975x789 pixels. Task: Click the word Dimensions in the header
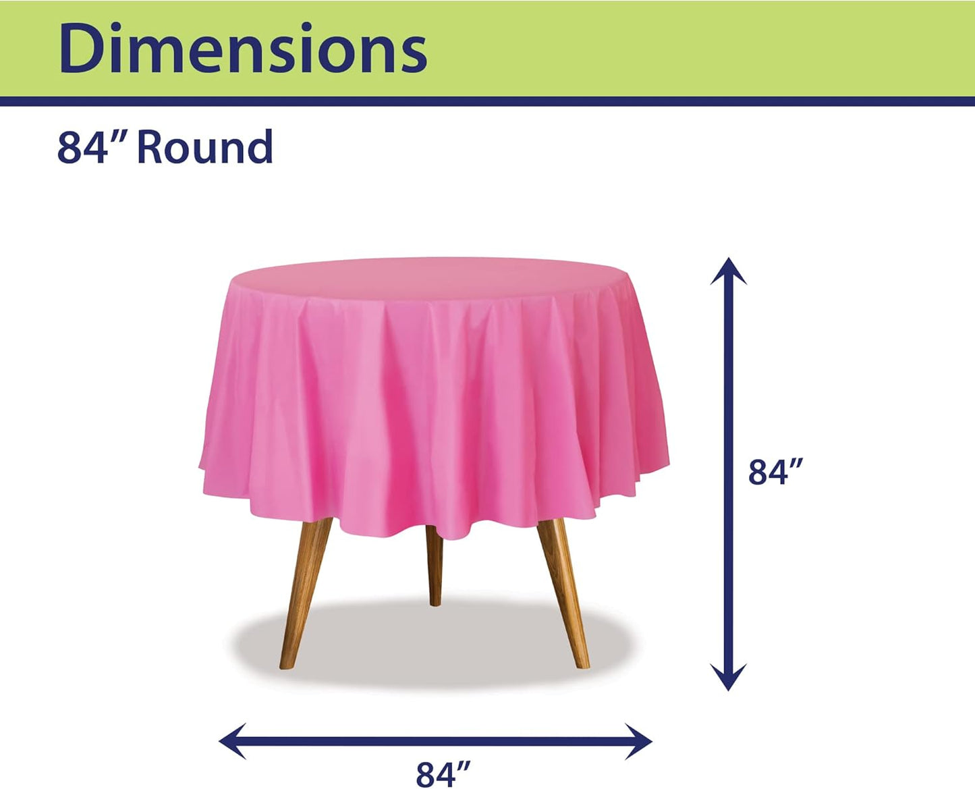pyautogui.click(x=243, y=49)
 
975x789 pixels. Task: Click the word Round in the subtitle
pyautogui.click(x=204, y=147)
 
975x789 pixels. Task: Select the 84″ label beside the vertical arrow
pyautogui.click(x=776, y=472)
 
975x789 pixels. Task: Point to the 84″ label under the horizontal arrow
pyautogui.click(x=443, y=773)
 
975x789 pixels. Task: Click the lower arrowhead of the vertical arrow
pyautogui.click(x=728, y=678)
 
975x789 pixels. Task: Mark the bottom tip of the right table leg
pyautogui.click(x=583, y=665)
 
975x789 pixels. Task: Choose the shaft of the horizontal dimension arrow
pyautogui.click(x=435, y=741)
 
